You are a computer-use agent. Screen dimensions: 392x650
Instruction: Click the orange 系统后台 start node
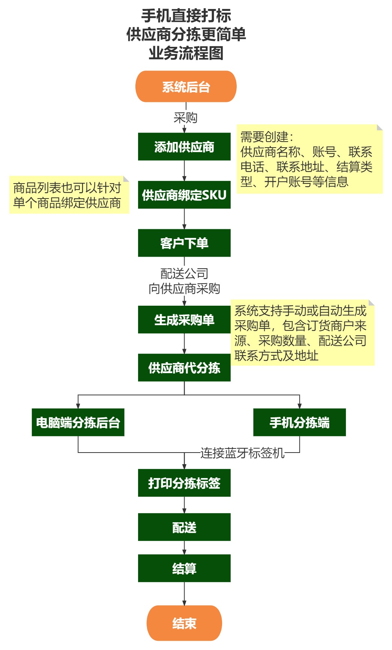(x=186, y=87)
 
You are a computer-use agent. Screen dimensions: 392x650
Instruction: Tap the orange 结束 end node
(x=184, y=623)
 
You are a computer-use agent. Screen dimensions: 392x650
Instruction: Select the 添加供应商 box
(x=184, y=146)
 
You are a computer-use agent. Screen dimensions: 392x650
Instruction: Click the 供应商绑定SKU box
(x=184, y=195)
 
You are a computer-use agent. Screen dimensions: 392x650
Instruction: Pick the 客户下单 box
(x=184, y=243)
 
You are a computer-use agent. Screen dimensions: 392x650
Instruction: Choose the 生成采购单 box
(x=184, y=320)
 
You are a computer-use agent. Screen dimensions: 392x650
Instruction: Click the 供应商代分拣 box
(x=184, y=368)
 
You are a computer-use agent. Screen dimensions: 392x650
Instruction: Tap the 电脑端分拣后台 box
(x=78, y=422)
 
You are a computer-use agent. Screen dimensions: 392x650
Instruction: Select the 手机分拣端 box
(x=299, y=422)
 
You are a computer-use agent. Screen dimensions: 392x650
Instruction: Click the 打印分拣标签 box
(x=184, y=483)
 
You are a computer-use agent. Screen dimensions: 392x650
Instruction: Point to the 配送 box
(x=184, y=527)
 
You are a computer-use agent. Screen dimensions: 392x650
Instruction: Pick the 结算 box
(x=184, y=568)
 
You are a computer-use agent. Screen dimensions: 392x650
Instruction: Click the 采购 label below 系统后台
(x=185, y=118)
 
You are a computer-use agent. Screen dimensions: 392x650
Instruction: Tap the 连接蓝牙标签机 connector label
(x=242, y=453)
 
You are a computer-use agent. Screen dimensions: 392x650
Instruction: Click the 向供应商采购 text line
(x=184, y=288)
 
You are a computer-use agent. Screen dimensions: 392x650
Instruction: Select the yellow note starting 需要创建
(x=309, y=159)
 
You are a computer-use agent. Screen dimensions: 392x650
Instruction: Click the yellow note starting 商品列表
(x=69, y=195)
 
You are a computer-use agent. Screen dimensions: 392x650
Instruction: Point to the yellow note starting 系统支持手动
(x=302, y=333)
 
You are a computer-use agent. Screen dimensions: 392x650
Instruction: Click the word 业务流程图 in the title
(x=186, y=53)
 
